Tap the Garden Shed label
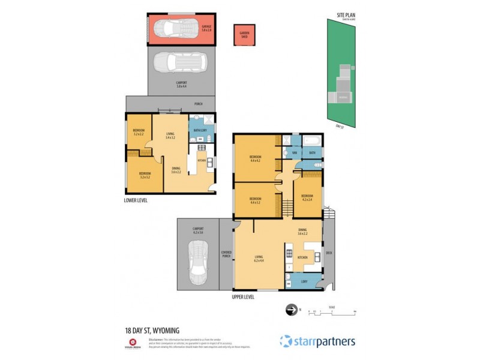244,35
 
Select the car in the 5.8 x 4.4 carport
180,62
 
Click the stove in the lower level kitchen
202,146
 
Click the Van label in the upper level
295,153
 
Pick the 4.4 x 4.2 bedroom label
254,160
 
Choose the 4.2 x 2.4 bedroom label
307,197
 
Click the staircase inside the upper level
287,208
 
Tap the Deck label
329,253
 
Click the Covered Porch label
226,254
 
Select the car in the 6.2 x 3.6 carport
197,262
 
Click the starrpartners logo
317,341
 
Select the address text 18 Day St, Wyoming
152,330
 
